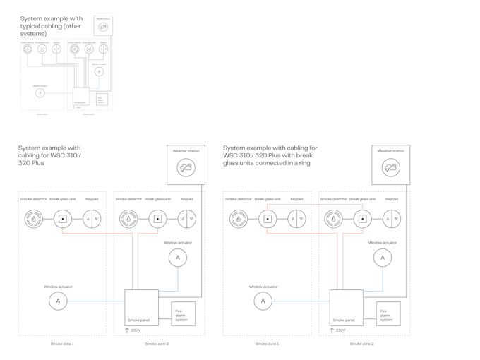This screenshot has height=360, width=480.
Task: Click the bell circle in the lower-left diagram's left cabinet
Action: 58,301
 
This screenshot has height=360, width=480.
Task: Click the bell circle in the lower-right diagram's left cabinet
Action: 263,301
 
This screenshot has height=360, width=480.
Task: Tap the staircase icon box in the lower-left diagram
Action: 182,313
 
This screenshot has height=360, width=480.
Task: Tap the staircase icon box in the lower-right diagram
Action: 388,313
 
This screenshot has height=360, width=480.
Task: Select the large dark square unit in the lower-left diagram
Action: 141,307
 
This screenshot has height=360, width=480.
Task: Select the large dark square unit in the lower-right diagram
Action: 346,307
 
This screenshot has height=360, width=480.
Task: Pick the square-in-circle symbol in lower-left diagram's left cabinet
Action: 62,219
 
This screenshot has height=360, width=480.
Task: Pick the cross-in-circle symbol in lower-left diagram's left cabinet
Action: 92,219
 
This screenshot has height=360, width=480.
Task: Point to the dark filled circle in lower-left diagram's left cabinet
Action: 32,219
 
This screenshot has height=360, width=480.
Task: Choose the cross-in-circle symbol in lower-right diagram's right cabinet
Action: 392,219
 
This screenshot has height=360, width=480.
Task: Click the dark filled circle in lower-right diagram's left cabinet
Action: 238,219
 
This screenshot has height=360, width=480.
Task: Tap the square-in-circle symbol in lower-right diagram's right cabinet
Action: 362,219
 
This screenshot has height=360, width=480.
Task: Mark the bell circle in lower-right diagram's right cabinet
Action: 383,258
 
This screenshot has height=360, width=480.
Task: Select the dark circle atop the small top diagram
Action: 104,27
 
